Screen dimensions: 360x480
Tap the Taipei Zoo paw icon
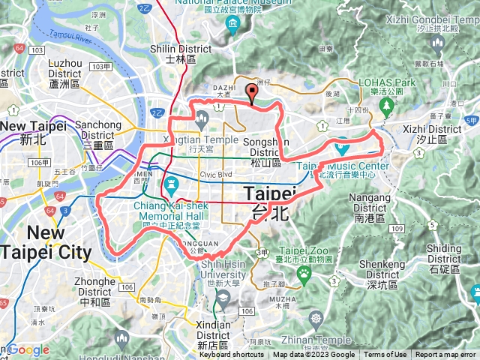[304, 274]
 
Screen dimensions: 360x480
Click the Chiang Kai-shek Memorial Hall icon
[170, 183]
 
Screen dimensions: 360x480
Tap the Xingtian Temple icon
[202, 118]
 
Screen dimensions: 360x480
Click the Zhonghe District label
[94, 287]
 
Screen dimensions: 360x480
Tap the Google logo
[28, 350]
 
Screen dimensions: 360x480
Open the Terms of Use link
[385, 355]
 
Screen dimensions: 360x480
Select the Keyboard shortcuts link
[232, 355]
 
